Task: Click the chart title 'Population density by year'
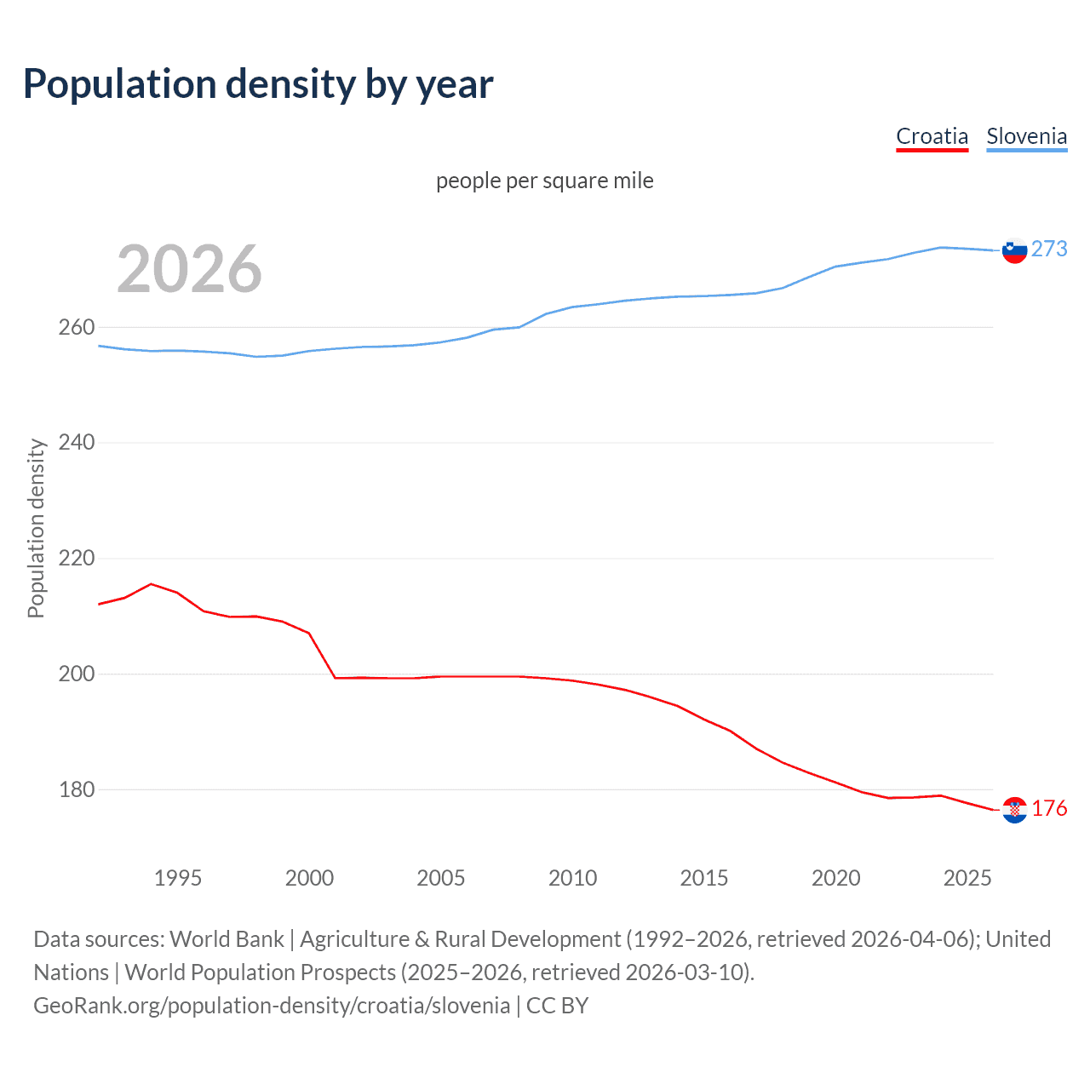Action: coord(258,84)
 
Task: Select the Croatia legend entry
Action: coord(932,136)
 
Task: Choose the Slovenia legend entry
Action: coord(1026,136)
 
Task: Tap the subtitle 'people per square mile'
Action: coord(544,181)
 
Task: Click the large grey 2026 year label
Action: coord(189,269)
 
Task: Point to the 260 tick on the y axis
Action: coord(76,328)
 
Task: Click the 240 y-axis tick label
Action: coord(76,443)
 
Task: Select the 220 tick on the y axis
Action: coord(76,559)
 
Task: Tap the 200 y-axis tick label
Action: coord(76,674)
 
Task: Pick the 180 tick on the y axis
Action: coord(76,790)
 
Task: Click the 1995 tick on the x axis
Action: coord(177,878)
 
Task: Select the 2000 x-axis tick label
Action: coord(309,878)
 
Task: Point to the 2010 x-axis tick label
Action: coord(572,878)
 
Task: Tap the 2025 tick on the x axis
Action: coord(967,878)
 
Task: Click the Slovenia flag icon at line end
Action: coord(1014,250)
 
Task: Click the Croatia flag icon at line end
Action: coord(1014,810)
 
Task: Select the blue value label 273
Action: coord(1049,249)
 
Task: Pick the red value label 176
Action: coord(1049,808)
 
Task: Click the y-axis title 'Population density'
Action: coord(36,528)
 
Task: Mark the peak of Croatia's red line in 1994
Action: coord(151,584)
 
